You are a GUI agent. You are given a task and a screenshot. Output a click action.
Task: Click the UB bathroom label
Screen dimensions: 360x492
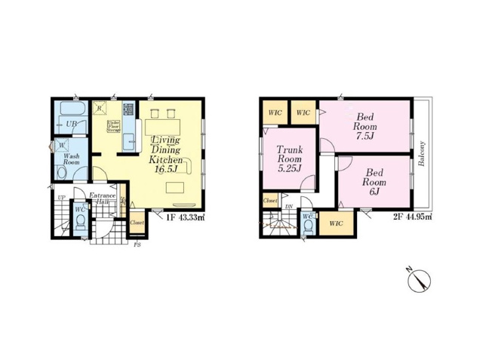(72, 124)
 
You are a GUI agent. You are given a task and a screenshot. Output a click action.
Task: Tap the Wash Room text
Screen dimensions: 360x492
(72, 158)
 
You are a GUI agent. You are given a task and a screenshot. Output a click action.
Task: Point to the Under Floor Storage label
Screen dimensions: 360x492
(114, 127)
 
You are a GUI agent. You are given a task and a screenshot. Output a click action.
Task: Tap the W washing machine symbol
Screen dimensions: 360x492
(60, 146)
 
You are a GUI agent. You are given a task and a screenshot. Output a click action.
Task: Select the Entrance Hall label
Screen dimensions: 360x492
(102, 198)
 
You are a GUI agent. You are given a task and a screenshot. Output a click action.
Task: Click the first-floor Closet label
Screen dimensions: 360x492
(137, 223)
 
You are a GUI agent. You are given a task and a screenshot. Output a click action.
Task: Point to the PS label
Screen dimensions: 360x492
(137, 245)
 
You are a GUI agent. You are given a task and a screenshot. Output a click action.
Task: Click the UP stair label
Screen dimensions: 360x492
(60, 197)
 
